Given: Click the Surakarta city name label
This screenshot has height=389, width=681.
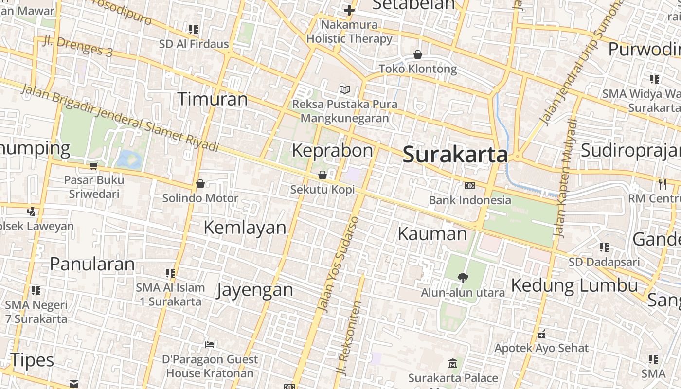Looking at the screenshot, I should (455, 155).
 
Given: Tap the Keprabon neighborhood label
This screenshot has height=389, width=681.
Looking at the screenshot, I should (332, 150).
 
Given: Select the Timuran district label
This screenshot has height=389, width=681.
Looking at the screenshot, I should (212, 99).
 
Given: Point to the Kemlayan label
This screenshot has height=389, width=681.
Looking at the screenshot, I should (245, 227).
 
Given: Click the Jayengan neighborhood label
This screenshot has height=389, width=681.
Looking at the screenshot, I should (255, 290).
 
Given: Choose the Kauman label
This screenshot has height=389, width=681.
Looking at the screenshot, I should (432, 234).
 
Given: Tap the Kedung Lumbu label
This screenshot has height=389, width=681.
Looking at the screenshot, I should (574, 285).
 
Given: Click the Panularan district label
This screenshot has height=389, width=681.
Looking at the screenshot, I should (92, 264).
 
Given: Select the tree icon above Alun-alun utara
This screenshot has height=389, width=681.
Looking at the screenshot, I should (463, 278).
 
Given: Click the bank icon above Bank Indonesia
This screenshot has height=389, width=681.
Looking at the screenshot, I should (469, 185).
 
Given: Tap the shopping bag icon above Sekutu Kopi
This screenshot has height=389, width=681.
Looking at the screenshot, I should (323, 175).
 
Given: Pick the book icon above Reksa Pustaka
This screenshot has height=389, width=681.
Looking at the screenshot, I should (345, 89).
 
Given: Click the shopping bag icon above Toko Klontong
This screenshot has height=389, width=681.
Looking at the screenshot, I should (417, 54).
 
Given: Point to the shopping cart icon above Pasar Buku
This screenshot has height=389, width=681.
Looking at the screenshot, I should (94, 166).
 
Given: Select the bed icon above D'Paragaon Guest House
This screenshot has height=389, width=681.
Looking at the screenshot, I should (210, 345).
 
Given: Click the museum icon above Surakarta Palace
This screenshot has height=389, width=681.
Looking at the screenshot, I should (453, 363).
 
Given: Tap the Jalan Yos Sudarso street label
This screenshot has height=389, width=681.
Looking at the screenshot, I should (339, 264).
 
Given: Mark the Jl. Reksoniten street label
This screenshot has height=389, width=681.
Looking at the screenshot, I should (350, 338).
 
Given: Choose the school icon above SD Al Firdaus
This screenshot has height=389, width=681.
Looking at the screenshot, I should (194, 30).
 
